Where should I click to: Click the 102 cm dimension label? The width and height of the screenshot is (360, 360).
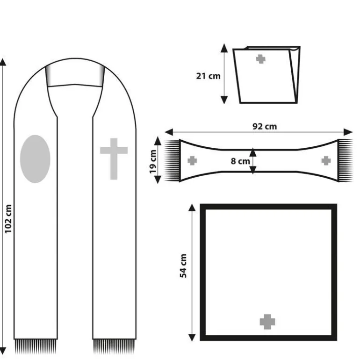pos(8,219)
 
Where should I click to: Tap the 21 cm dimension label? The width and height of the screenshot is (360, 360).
pos(208,76)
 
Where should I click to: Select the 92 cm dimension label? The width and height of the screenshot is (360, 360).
pos(265,127)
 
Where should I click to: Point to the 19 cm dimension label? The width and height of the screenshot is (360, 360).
pos(153,162)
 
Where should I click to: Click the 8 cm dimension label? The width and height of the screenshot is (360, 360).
pos(240,161)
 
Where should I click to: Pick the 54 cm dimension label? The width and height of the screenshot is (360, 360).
pos(183,266)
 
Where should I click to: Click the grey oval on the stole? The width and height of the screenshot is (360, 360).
pos(35,159)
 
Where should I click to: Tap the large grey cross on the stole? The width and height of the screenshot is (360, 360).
pos(114,159)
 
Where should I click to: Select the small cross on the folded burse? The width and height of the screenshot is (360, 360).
pos(260,59)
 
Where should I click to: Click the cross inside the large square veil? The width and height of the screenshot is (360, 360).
pos(267,322)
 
